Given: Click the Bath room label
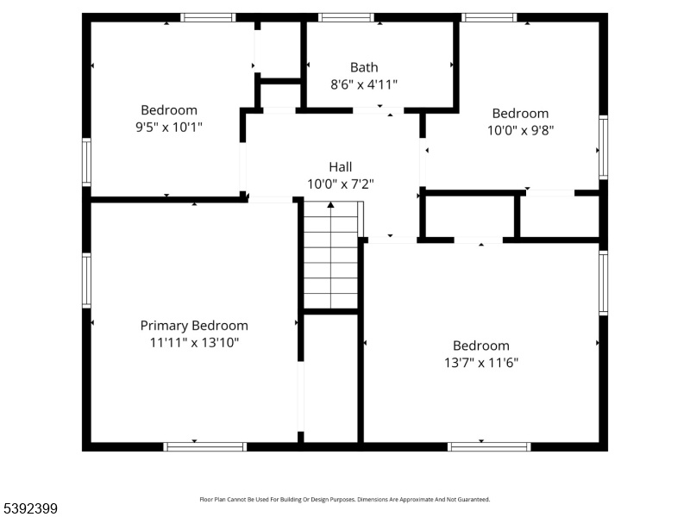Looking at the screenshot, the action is coord(364,67).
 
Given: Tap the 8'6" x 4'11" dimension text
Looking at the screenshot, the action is coord(364,84).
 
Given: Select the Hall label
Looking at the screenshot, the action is coord(340,167).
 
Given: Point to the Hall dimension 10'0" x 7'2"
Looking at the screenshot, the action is coord(340,184).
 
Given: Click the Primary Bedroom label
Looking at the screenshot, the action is coord(194,326).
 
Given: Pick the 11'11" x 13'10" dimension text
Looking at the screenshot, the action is coord(194,342).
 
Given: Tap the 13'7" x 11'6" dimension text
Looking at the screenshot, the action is coord(481,363).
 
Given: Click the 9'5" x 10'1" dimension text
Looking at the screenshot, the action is coord(168,127).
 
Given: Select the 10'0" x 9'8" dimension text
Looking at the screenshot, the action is coord(520,131).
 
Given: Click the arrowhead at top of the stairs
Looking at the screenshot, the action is coord(330,204).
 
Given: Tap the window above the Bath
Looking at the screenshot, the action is coord(346,17).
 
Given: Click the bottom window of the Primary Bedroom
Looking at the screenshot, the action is coord(205,446).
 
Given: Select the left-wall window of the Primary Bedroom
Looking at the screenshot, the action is coord(87,281).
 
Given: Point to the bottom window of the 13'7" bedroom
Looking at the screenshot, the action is coord(489,446).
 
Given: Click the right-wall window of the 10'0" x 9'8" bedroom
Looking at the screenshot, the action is coord(603,147).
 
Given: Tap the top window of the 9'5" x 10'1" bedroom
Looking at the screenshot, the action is coord(208,17).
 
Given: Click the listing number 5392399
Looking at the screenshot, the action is coord(28,508).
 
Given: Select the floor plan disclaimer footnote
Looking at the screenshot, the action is coord(344,500).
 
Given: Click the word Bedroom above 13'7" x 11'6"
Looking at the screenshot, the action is coord(481,346).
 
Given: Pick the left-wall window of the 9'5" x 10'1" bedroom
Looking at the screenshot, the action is coord(87,162).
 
